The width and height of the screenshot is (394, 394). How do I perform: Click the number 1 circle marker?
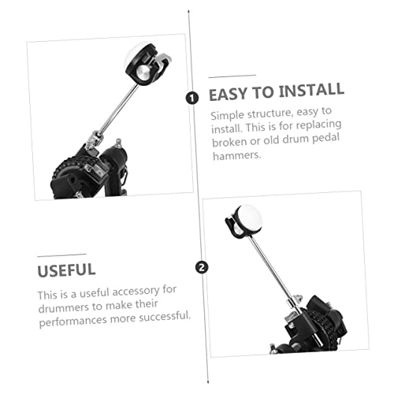point(192,98)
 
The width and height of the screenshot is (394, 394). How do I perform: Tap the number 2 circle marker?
point(202,268)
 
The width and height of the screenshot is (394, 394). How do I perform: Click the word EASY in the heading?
point(228,94)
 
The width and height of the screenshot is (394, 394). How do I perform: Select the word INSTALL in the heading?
point(311,90)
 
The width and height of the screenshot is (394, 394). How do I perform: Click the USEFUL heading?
point(66,270)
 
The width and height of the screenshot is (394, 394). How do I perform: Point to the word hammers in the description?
point(237,155)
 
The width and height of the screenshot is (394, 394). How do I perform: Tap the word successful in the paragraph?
point(165,316)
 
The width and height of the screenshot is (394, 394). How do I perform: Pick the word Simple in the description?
point(228,116)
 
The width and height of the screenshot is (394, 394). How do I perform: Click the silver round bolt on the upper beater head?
point(143,72)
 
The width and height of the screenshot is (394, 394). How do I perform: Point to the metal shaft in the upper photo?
point(119,109)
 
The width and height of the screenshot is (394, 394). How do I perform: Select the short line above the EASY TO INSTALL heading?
point(232,76)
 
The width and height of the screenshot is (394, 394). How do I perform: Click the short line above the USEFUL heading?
point(62,255)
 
